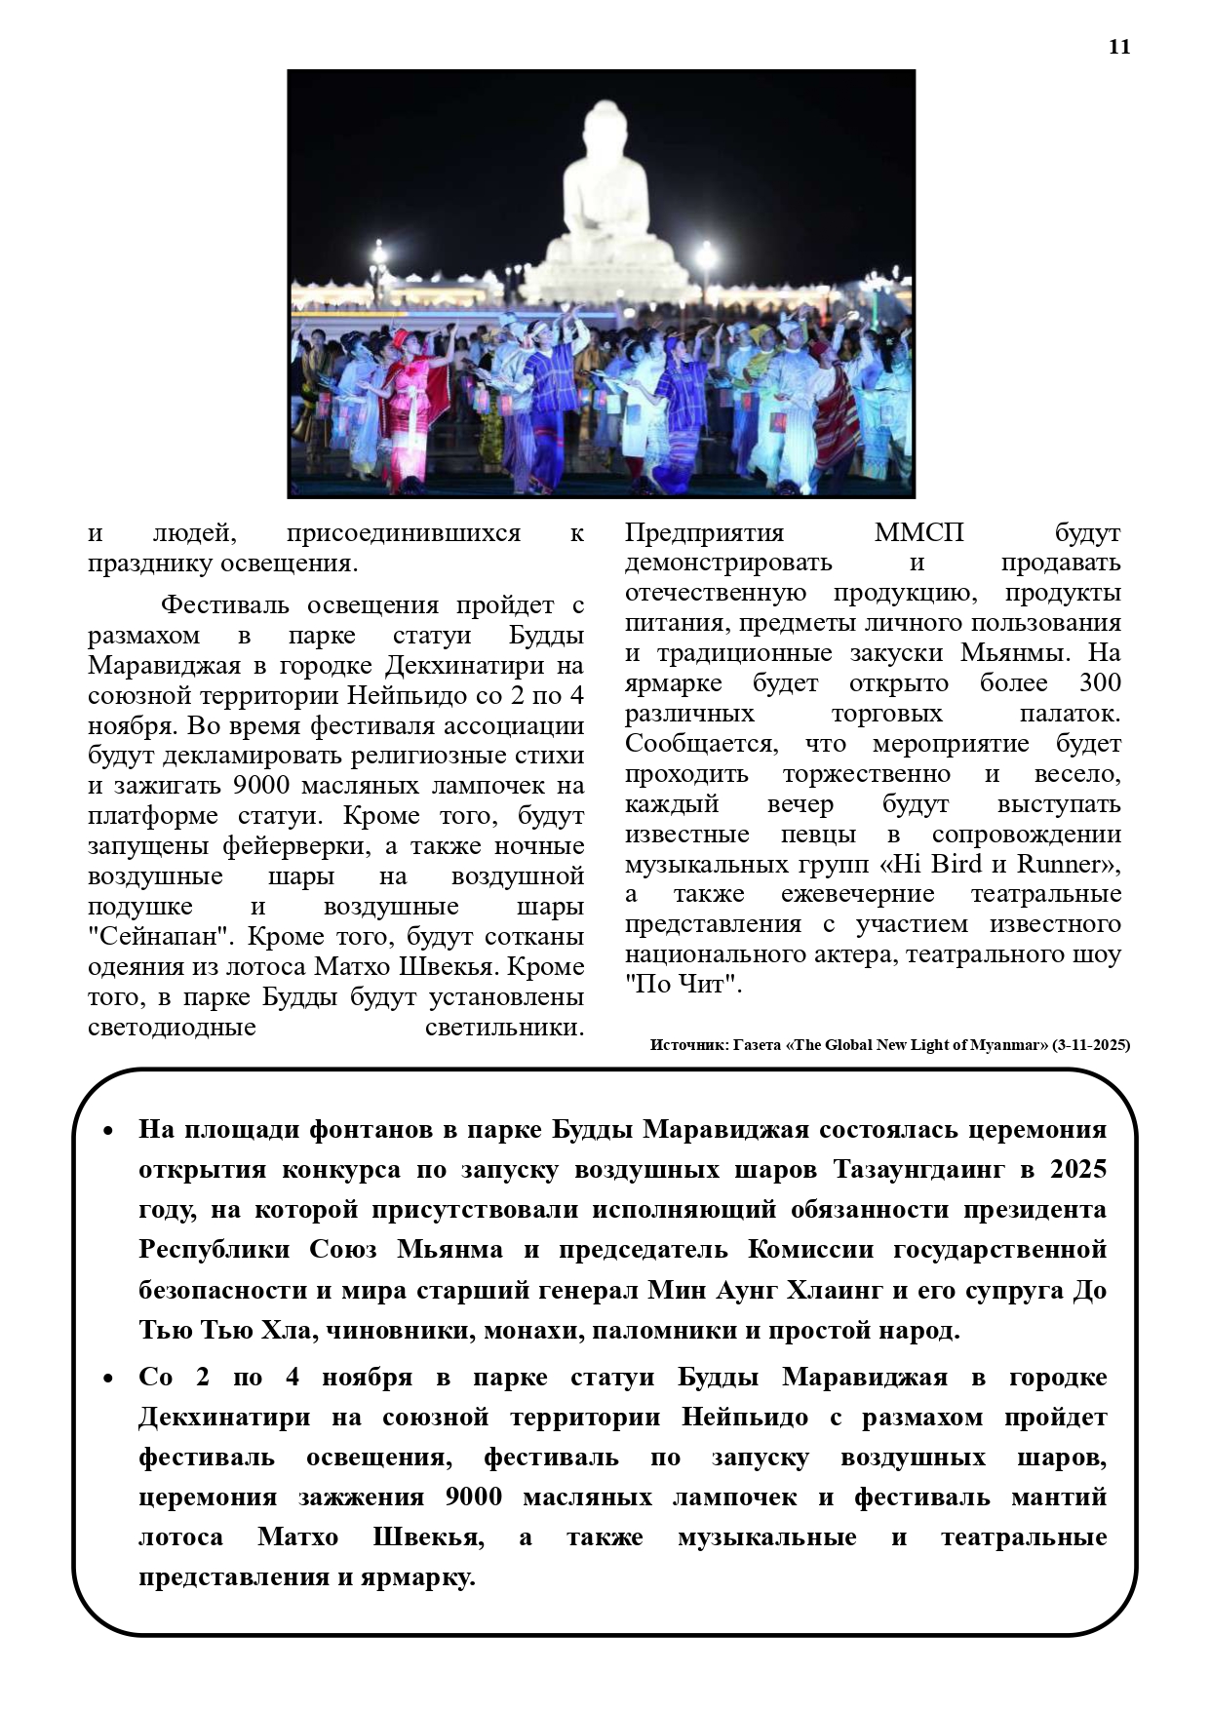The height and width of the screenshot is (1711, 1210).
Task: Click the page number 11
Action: click(x=1118, y=47)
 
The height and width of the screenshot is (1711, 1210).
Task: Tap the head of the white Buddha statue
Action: click(x=601, y=132)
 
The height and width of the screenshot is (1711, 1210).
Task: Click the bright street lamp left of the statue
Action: click(x=377, y=255)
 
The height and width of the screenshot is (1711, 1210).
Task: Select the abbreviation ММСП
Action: click(x=918, y=533)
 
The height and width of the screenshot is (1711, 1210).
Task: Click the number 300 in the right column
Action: click(x=1099, y=683)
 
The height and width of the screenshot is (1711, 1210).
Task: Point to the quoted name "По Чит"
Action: click(x=683, y=985)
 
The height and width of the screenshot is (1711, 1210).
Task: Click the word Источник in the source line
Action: click(x=686, y=1045)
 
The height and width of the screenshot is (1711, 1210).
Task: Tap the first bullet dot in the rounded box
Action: click(x=108, y=1131)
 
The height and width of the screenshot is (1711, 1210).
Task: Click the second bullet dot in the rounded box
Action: click(x=108, y=1379)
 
